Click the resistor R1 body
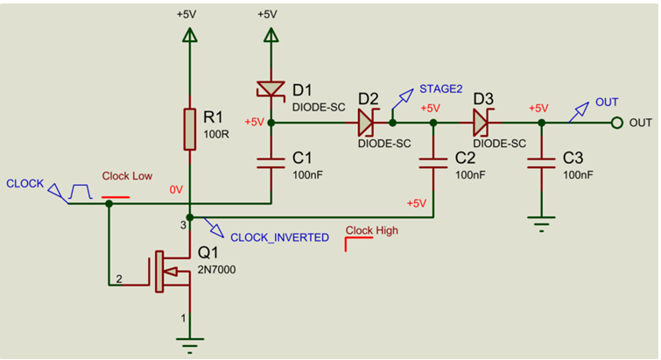pos(188,129)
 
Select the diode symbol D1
pos(271,89)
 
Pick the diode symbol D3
pos(482,122)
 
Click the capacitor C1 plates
pos(271,162)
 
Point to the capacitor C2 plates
pos(433,162)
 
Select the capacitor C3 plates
pos(542,162)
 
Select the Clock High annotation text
pos(372,232)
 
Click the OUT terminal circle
pos(616,123)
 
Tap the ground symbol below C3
pos(542,226)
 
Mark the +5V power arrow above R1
pos(188,34)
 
